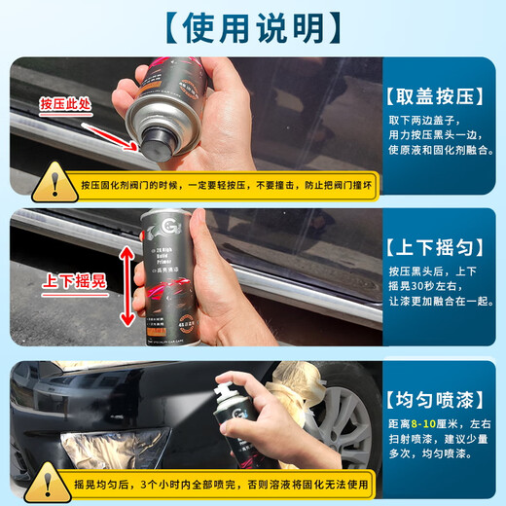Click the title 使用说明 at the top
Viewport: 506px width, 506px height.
point(253,27)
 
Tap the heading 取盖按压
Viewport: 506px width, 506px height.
point(439,97)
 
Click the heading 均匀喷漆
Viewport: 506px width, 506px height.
point(439,397)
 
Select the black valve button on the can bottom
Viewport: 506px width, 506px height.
point(155,145)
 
